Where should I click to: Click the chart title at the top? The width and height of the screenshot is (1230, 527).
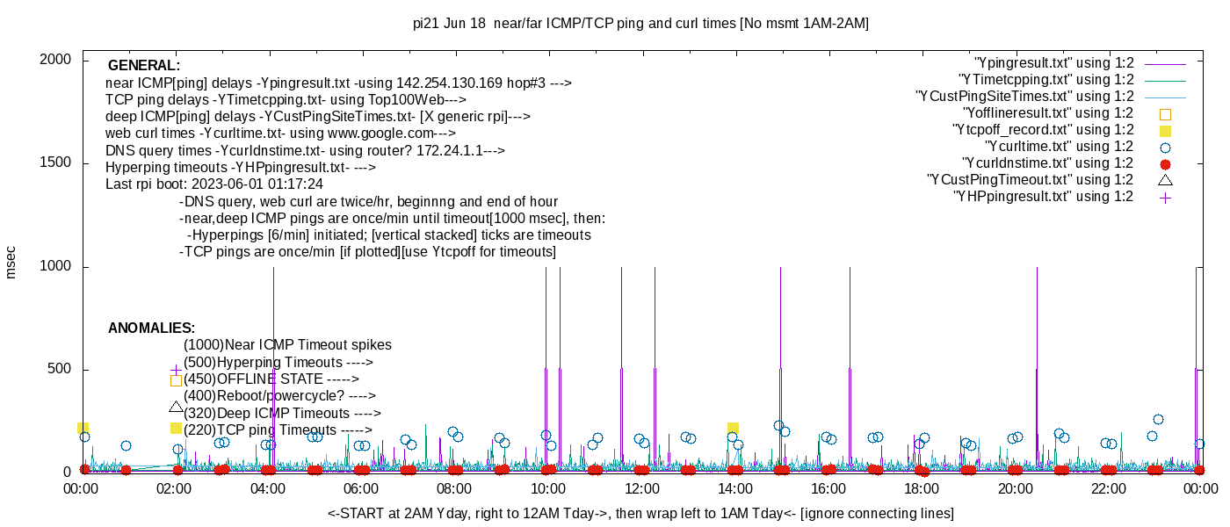[x=640, y=24]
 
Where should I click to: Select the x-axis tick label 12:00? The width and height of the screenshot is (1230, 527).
[x=640, y=489]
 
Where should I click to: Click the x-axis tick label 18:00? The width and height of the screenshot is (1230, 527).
[x=921, y=489]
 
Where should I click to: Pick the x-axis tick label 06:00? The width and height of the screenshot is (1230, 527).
[x=360, y=489]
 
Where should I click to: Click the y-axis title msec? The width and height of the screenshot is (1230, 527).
[x=11, y=262]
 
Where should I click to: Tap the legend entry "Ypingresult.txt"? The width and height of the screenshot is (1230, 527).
[x=1054, y=63]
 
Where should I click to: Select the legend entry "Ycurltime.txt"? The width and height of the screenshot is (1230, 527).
[x=1059, y=147]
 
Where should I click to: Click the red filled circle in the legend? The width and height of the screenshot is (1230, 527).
[x=1165, y=163]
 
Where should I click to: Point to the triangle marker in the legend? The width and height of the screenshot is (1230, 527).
[x=1165, y=180]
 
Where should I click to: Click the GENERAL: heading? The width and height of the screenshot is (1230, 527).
[x=144, y=66]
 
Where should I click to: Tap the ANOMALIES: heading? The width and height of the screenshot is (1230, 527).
[x=151, y=328]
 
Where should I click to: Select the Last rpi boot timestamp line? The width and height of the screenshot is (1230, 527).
[x=214, y=184]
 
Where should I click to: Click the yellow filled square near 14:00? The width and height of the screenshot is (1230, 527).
[x=733, y=429]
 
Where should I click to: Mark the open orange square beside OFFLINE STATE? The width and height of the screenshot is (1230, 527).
[x=176, y=380]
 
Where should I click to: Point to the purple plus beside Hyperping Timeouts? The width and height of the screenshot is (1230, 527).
[x=176, y=370]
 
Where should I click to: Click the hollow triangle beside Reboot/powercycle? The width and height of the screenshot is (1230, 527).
[x=176, y=407]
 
